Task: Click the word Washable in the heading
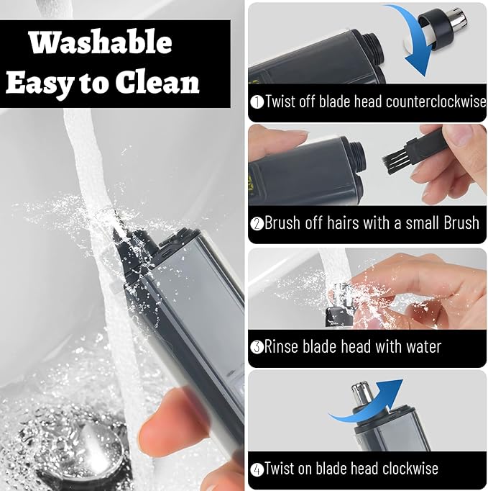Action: [101, 42]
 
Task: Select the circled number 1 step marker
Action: [257, 102]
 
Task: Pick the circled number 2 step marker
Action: [257, 224]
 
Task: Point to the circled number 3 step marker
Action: [257, 347]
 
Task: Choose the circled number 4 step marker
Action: [257, 469]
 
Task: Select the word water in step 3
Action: [423, 346]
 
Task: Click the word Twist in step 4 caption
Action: [280, 469]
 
